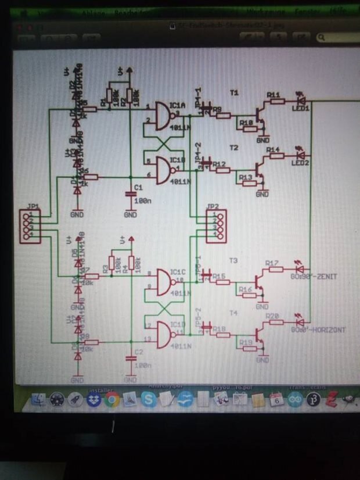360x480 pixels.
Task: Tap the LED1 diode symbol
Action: pos(300,101)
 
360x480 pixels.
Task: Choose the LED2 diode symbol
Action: pos(300,155)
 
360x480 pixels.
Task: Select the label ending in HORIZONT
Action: pos(319,330)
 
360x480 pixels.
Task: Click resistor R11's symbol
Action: pos(275,101)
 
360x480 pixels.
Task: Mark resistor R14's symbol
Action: pos(275,156)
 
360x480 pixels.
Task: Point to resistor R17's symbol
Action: pos(275,270)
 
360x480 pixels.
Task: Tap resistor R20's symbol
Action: pos(275,323)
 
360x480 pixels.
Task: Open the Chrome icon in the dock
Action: pos(113,399)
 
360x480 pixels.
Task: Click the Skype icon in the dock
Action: pos(149,399)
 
